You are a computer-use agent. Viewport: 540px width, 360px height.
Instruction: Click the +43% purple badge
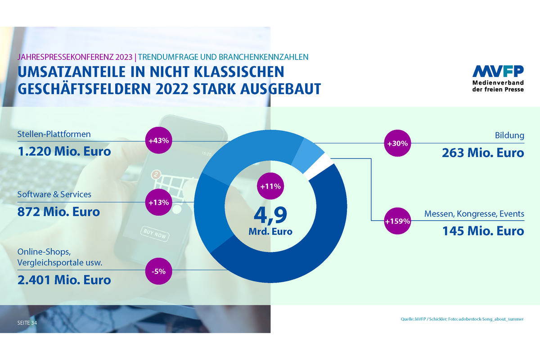pos(159,141)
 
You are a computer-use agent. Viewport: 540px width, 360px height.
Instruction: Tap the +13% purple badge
pos(159,202)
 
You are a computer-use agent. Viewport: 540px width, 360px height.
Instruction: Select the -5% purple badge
pos(159,271)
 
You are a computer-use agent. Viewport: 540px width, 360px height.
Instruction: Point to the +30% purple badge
pos(397,144)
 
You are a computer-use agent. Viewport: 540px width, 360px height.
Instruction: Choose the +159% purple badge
pos(397,221)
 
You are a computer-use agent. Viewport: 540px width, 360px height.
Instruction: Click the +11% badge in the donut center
pos(270,186)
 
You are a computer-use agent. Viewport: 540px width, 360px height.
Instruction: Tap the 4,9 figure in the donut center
pos(270,215)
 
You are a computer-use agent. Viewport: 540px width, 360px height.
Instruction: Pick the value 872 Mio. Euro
pos(58,211)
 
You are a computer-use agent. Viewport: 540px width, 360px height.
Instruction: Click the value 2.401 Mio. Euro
pos(64,280)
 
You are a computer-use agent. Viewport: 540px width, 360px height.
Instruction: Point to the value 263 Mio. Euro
pos(482,153)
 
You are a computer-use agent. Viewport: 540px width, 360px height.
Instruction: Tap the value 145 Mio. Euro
pos(482,231)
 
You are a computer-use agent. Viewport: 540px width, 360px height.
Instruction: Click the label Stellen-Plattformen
pos(54,134)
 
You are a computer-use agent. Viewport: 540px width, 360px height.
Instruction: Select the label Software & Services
pos(54,194)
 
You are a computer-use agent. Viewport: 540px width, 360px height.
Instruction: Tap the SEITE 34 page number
pos(27,323)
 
